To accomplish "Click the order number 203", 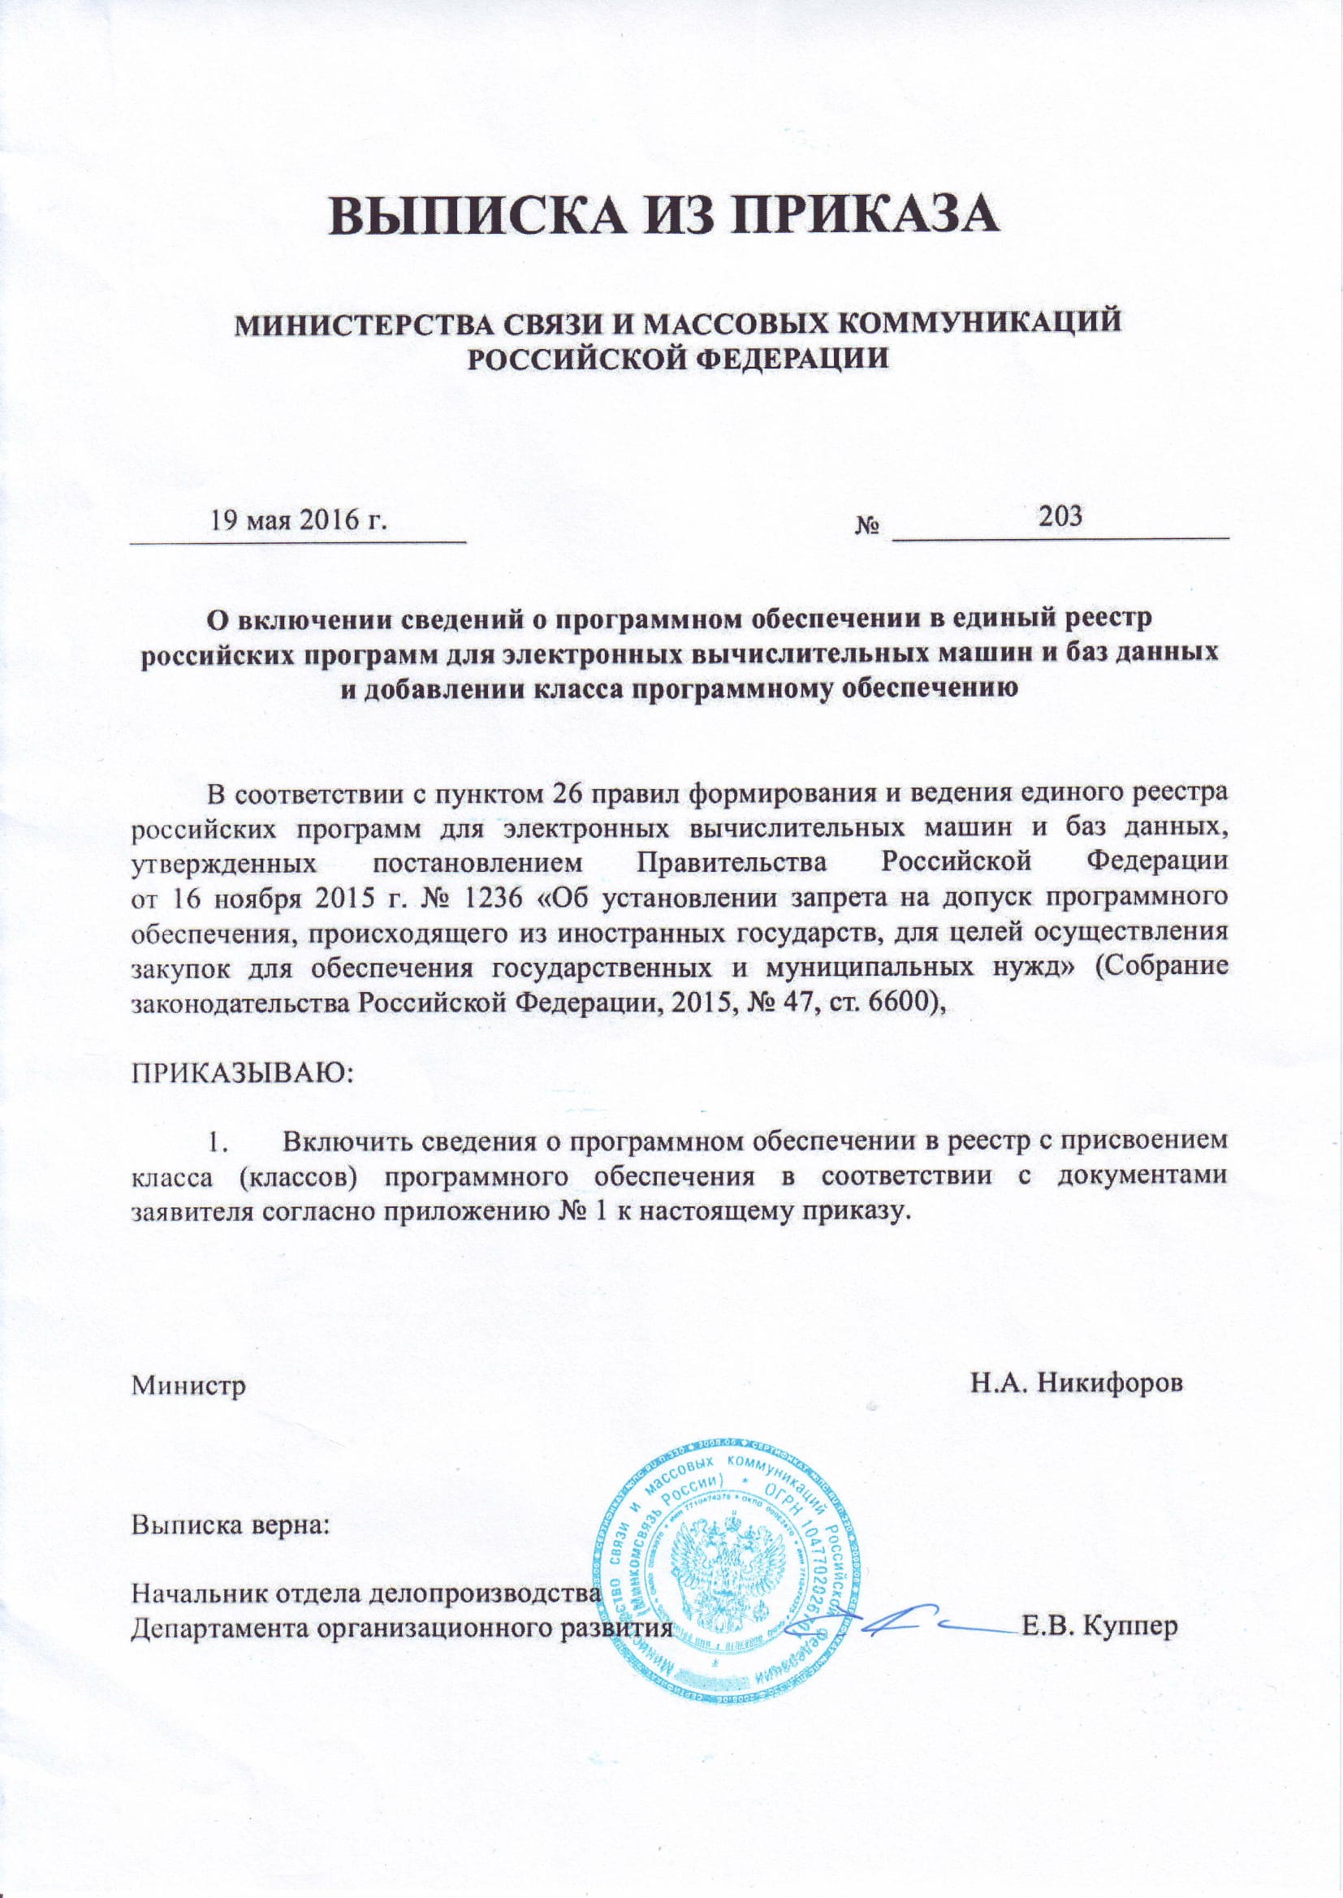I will (x=1061, y=516).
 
